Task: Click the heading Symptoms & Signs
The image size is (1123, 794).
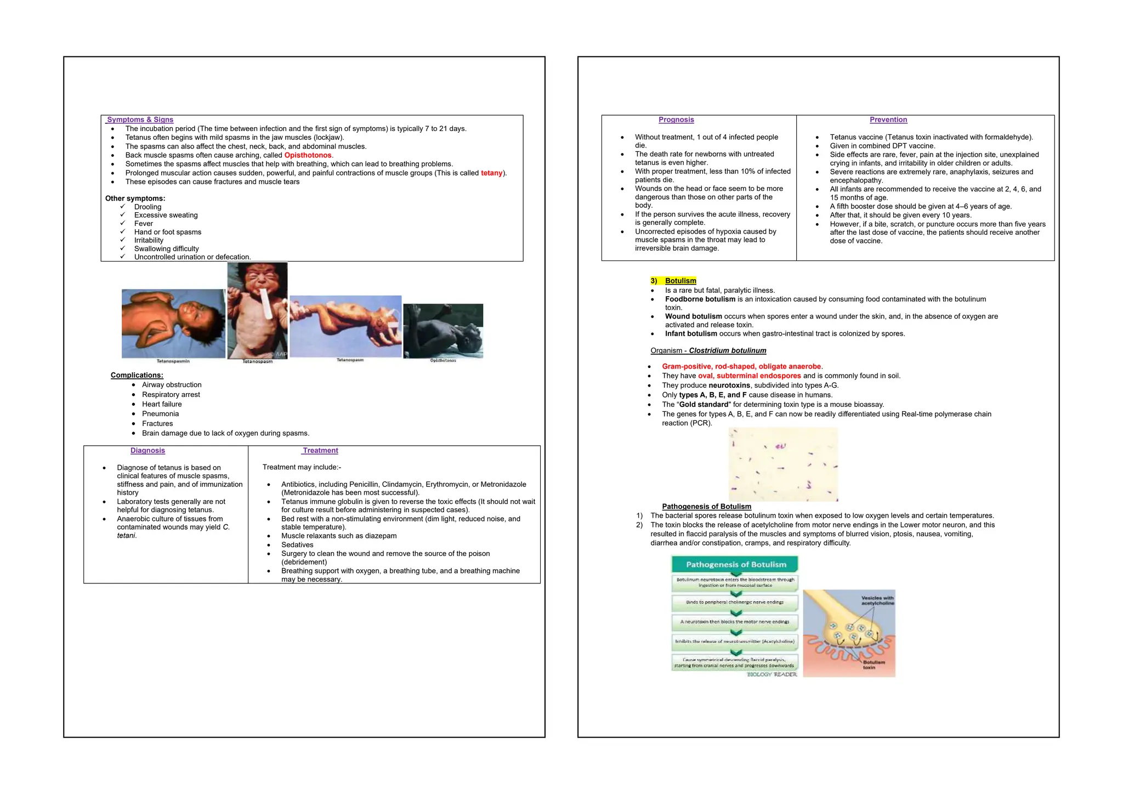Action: [140, 120]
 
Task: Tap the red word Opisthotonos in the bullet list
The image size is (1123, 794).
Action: [308, 155]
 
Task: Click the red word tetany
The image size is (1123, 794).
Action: [491, 173]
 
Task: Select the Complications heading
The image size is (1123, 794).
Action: [137, 375]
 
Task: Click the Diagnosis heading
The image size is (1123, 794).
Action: [148, 451]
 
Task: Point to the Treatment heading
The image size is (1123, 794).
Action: [320, 451]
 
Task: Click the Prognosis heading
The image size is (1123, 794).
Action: [676, 120]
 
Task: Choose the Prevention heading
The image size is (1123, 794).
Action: [888, 120]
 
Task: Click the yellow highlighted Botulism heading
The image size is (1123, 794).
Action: [680, 281]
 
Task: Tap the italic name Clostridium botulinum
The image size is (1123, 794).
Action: [727, 350]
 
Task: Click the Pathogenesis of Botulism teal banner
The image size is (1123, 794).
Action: [735, 564]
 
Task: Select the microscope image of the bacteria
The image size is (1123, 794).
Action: [783, 464]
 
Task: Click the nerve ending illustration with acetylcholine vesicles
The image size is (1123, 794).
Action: [849, 633]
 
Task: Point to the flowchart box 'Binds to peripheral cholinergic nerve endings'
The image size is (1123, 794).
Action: [735, 602]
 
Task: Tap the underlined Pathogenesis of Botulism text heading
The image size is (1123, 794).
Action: [706, 507]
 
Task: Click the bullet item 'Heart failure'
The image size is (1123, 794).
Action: [162, 404]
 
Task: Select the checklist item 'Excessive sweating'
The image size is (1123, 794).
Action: [166, 215]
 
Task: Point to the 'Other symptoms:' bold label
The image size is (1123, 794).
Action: [135, 198]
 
